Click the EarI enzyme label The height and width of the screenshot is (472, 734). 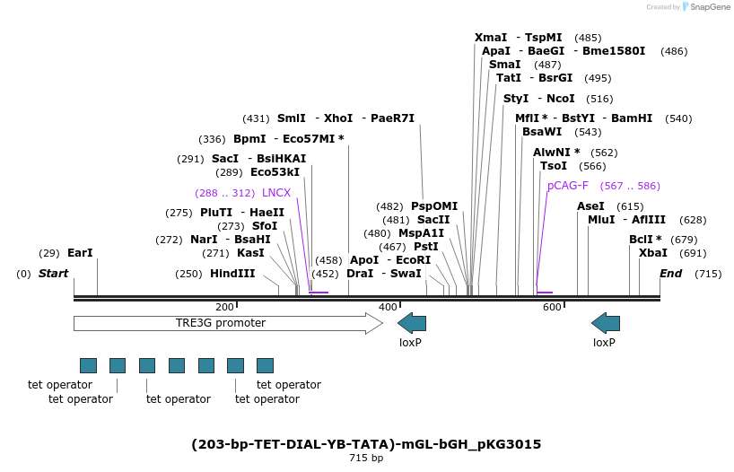tap(80, 253)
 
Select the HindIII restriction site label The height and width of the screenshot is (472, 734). tap(232, 274)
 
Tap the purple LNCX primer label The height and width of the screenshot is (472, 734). tap(276, 193)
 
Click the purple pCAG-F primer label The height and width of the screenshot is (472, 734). tap(568, 186)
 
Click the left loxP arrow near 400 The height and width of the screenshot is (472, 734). tap(412, 323)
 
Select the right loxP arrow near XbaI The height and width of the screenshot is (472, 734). tap(606, 323)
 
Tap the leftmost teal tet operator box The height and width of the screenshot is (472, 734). tap(88, 365)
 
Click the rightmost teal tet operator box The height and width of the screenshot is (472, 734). tap(265, 365)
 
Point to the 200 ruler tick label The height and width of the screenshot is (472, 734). tap(225, 307)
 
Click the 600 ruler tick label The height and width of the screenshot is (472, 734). tap(552, 307)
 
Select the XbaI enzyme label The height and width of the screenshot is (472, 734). tap(652, 253)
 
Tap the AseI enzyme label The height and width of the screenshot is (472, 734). tap(591, 206)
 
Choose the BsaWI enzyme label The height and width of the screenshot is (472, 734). tap(542, 132)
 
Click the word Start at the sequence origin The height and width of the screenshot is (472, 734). tap(53, 274)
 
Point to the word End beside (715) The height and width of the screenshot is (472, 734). tap(670, 274)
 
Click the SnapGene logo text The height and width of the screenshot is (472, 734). tap(708, 7)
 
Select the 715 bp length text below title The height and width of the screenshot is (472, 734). tap(366, 459)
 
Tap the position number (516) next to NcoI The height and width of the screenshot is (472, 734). tap(599, 99)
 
